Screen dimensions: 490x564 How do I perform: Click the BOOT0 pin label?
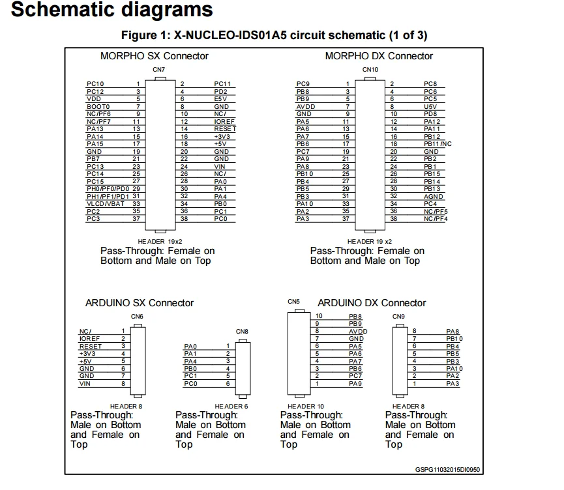point(98,106)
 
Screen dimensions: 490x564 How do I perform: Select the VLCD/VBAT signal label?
point(104,204)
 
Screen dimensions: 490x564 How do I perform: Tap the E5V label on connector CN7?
point(221,99)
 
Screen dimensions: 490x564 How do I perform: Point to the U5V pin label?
point(430,106)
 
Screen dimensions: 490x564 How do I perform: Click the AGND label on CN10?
point(434,196)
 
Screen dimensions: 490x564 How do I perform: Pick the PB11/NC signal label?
point(438,144)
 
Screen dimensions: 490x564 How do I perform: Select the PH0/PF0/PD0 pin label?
point(108,189)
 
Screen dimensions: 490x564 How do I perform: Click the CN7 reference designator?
point(158,69)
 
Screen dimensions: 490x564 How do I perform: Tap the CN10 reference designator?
point(370,69)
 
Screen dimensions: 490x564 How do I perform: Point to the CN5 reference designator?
point(293,302)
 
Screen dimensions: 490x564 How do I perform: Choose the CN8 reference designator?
point(242,332)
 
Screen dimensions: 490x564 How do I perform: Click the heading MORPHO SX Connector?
point(155,56)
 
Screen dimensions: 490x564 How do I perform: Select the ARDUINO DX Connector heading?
point(372,303)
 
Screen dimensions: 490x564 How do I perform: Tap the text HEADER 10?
point(303,407)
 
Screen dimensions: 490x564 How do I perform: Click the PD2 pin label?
point(220,92)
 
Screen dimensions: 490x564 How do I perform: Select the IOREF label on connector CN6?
point(89,339)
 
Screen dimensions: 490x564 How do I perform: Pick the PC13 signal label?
point(95,167)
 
